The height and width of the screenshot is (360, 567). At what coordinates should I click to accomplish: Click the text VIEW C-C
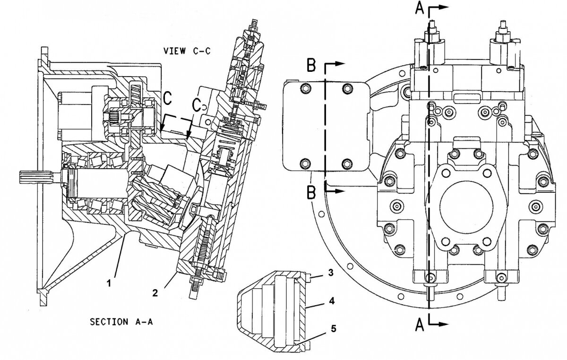[x=187, y=51]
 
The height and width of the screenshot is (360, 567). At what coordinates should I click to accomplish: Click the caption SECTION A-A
[x=121, y=322]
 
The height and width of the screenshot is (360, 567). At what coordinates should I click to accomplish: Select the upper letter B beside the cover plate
[x=311, y=66]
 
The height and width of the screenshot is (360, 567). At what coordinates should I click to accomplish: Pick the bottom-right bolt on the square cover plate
[x=348, y=163]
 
